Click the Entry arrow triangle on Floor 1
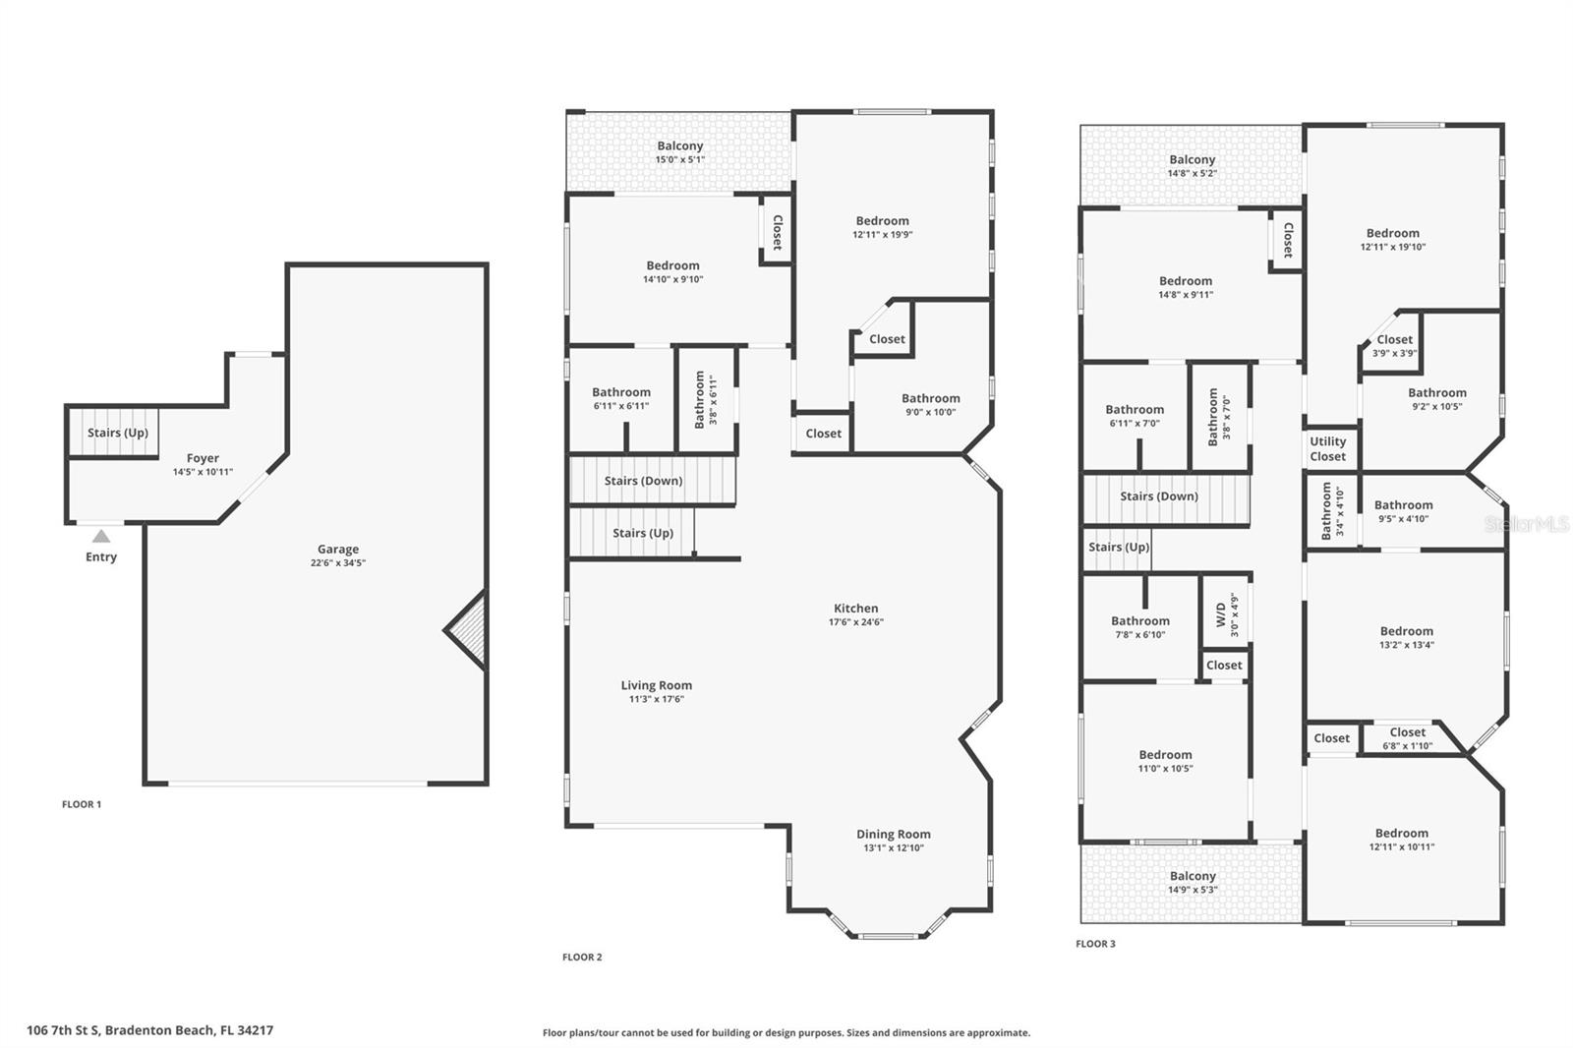coord(101,536)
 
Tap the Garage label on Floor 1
coord(337,550)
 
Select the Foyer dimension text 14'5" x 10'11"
coord(203,472)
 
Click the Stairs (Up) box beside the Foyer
coord(117,434)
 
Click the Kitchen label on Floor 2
coord(856,609)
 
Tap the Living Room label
coord(656,686)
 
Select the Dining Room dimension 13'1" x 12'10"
coord(893,848)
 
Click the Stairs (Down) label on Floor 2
coord(643,481)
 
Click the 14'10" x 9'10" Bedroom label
coord(673,272)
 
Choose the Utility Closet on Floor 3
coord(1327,449)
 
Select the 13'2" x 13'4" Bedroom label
coord(1407,638)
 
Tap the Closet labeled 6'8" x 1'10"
coord(1407,738)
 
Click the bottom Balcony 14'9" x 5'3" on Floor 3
coord(1193,883)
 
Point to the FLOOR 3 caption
coord(1095,944)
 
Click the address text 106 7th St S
coord(149,1030)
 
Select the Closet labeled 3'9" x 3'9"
coord(1394,346)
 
